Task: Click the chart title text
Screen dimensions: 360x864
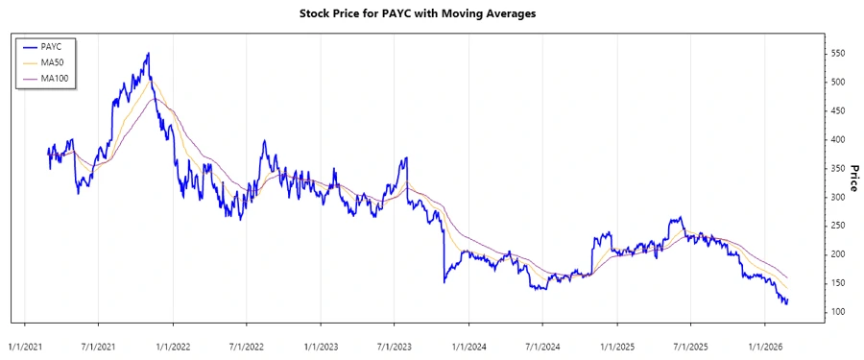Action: point(431,13)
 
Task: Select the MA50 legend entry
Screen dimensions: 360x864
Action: point(52,61)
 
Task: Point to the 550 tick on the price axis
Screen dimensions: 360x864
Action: point(840,54)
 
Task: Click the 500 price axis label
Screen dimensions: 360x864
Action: point(840,83)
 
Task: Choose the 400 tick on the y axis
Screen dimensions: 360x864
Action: point(840,140)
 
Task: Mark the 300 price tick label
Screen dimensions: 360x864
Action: point(840,197)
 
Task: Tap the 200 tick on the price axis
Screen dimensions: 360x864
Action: point(840,254)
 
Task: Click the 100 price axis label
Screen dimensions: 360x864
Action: point(840,312)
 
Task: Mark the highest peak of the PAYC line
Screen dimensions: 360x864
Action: point(148,54)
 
